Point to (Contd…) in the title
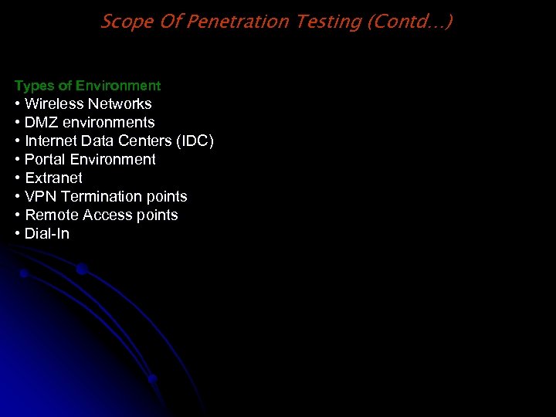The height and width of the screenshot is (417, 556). coord(409,21)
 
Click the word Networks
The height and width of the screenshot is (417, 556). coord(120,103)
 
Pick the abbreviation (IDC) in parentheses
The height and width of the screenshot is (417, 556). coord(194,141)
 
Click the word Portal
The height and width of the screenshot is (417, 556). coord(45,159)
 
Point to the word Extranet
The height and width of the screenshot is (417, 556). coord(53,178)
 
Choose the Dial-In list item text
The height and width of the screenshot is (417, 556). coord(46,233)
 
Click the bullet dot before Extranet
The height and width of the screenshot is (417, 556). coord(17,178)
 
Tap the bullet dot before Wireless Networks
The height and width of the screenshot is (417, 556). coord(17,104)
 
